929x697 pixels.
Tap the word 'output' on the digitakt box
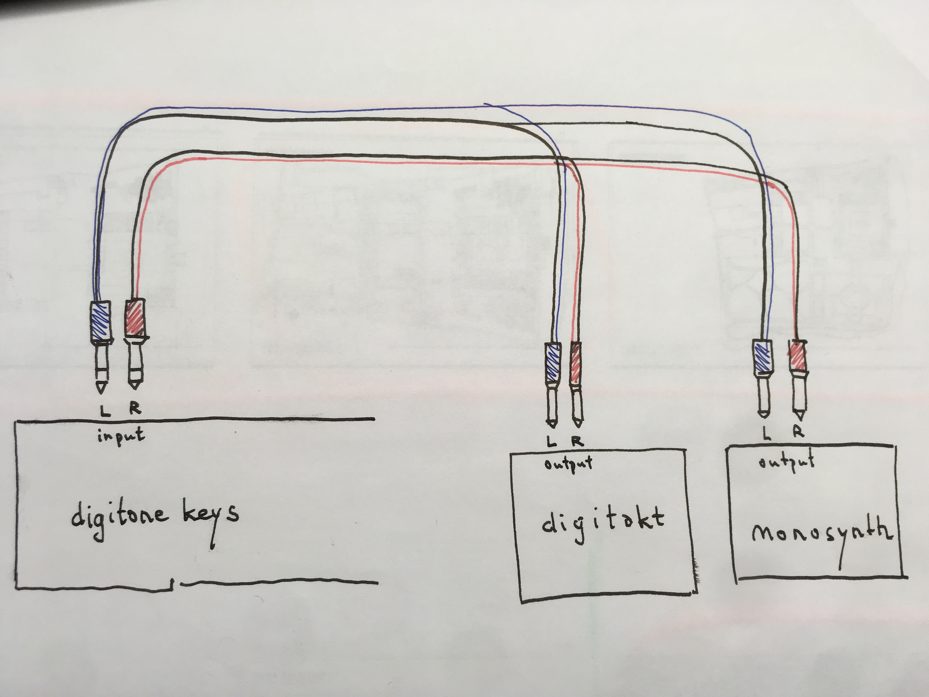click(x=568, y=464)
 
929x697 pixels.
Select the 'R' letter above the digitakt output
click(x=577, y=441)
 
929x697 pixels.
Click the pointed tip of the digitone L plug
click(x=101, y=393)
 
